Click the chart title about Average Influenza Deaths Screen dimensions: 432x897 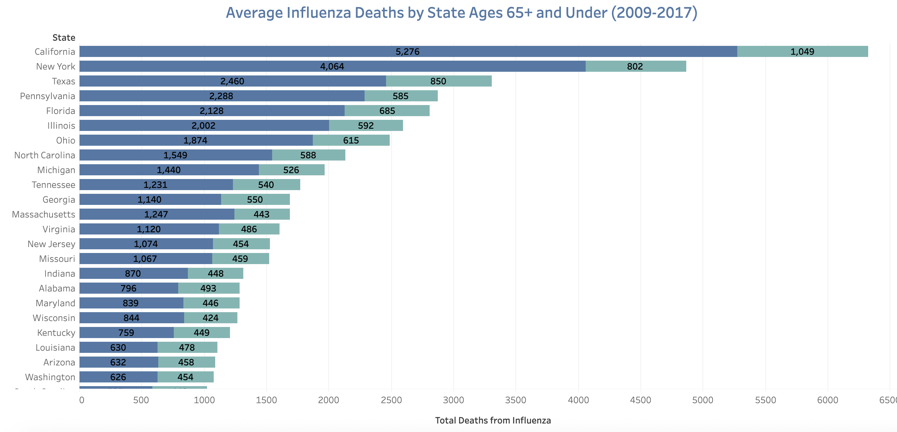point(461,13)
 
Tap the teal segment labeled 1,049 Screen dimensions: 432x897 point(802,51)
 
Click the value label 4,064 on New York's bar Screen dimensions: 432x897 point(332,67)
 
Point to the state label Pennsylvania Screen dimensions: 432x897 point(47,96)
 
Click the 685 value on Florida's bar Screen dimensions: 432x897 point(387,111)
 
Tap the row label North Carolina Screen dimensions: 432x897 point(44,155)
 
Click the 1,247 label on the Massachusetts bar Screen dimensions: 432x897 point(156,215)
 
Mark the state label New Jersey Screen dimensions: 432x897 point(51,244)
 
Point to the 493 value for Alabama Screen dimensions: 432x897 point(208,288)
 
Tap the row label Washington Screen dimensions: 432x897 point(50,377)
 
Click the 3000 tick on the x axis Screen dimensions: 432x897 point(453,400)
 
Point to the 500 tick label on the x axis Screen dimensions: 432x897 point(141,400)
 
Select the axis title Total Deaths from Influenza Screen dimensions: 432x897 point(493,421)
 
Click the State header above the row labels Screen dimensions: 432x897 point(64,38)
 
